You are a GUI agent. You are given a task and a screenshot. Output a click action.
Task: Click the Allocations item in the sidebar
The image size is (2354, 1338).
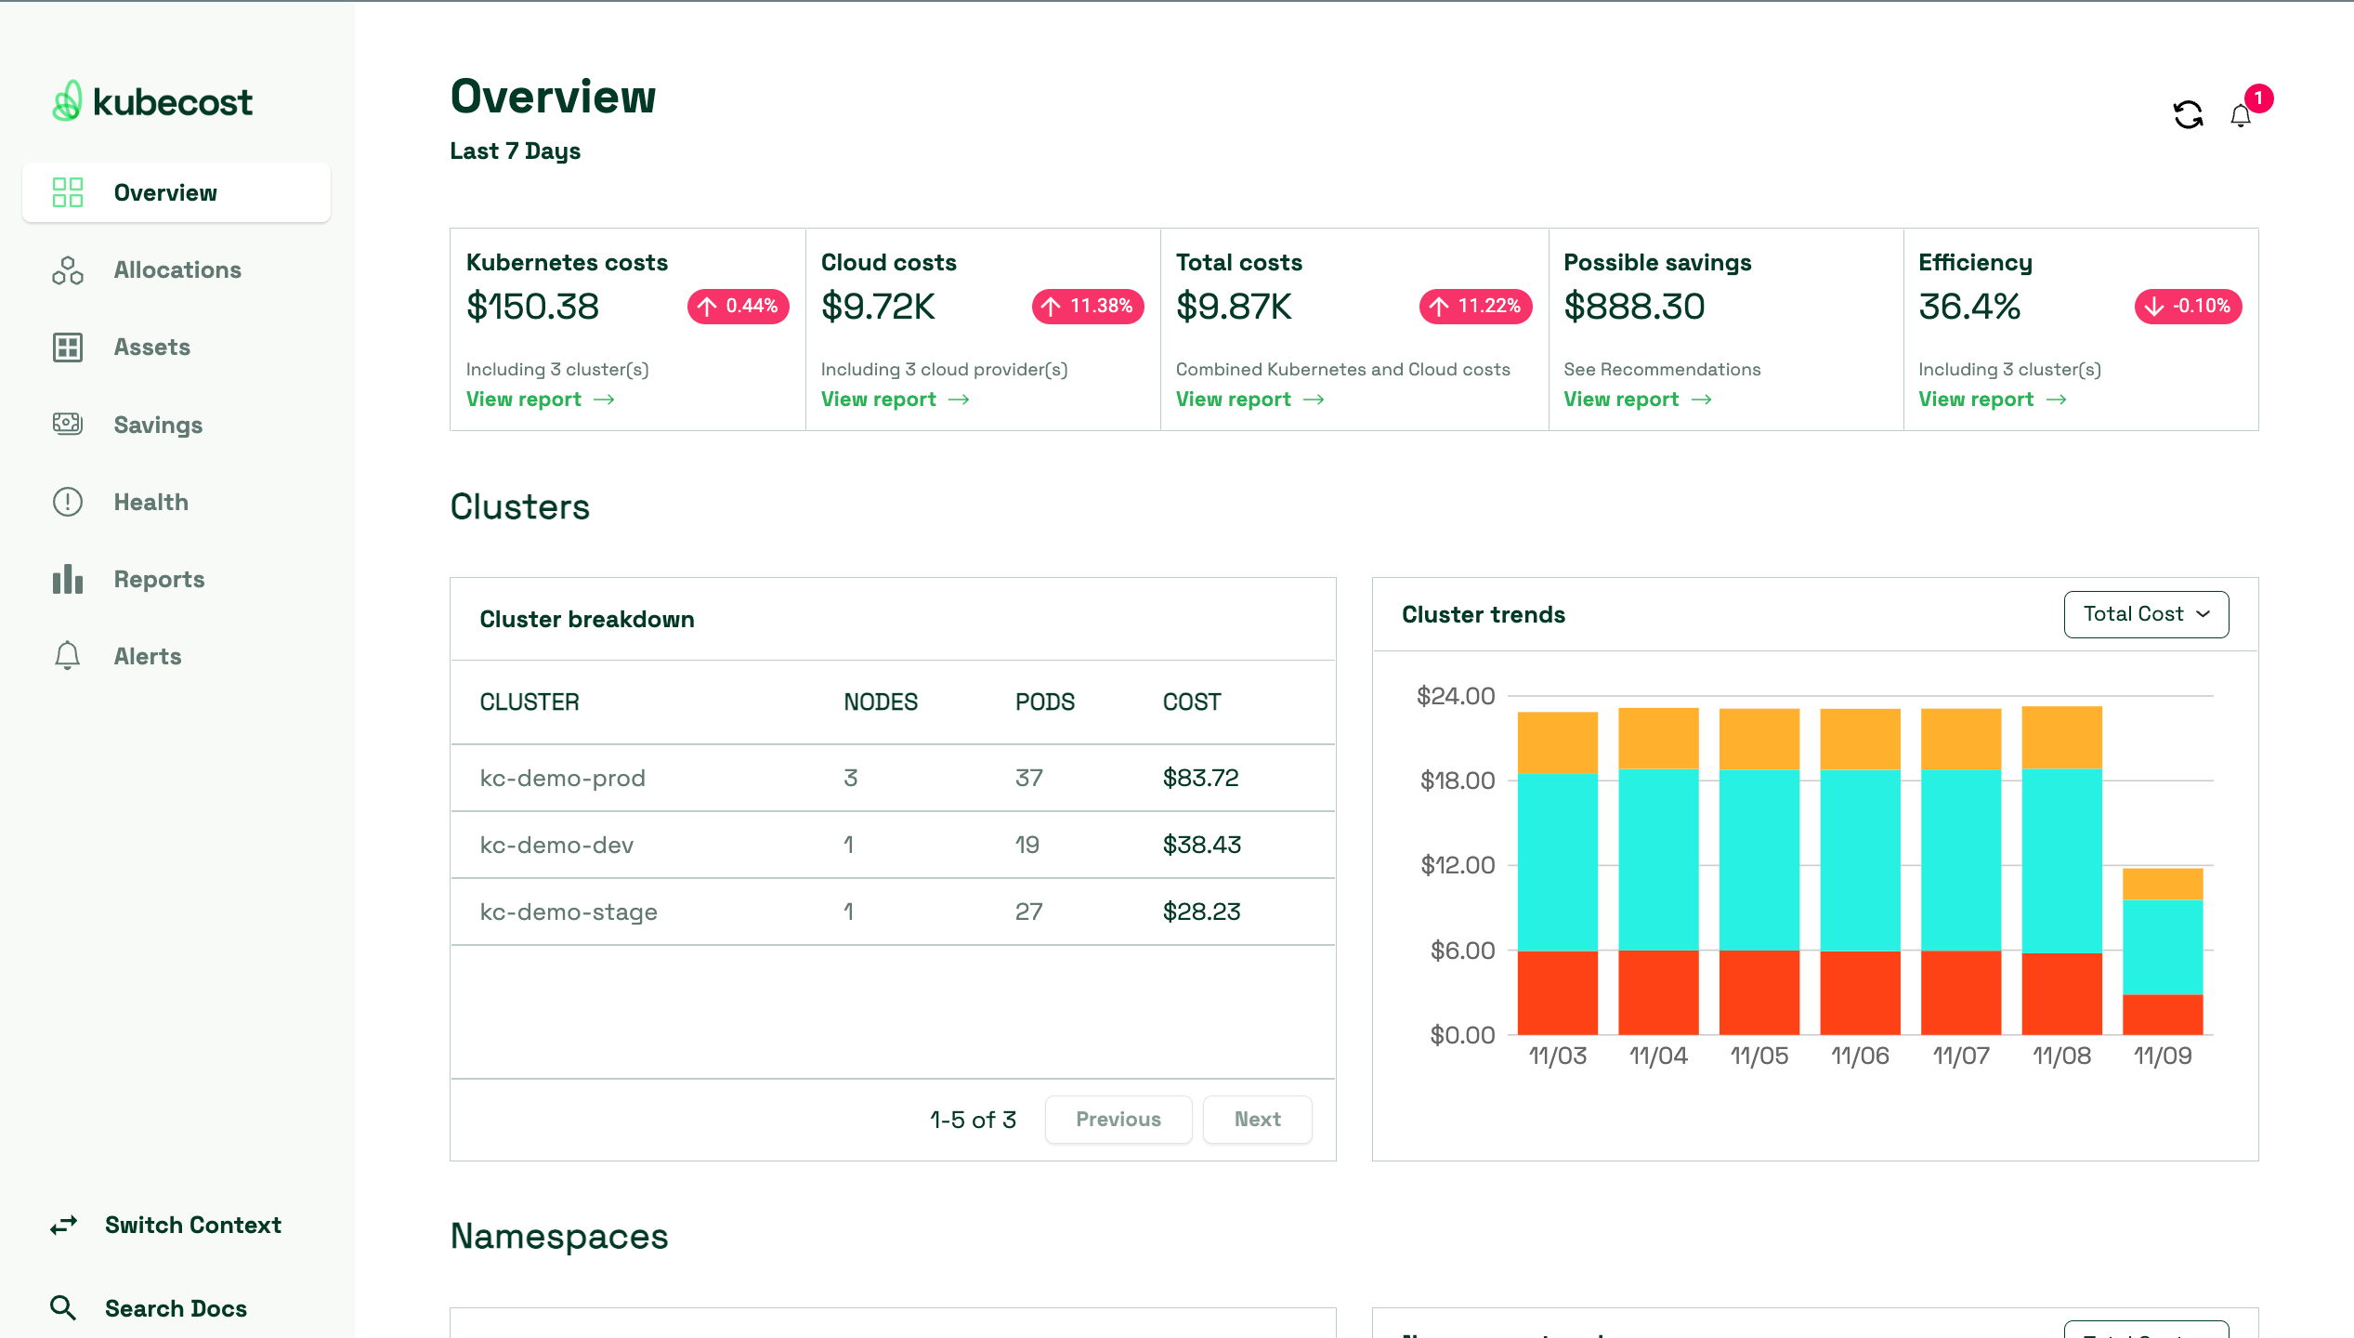[177, 270]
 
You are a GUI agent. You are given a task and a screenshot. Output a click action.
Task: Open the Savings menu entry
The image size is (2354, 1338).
[158, 425]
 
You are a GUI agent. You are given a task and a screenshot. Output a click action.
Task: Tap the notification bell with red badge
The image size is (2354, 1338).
[2241, 115]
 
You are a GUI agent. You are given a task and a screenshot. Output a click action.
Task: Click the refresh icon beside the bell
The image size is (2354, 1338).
[2188, 115]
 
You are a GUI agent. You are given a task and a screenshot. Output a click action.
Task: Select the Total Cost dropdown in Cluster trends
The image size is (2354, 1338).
[2145, 614]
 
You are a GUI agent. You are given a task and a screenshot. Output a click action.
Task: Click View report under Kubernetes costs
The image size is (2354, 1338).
[540, 400]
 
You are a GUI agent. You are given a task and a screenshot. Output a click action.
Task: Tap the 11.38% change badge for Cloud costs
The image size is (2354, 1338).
[1087, 307]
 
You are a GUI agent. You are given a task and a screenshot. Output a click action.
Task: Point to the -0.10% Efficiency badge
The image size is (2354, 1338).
[2187, 307]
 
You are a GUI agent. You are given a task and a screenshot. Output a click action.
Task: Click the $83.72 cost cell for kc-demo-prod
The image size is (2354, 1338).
[1200, 778]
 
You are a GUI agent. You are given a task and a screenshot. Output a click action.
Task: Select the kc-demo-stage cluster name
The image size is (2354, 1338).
[568, 912]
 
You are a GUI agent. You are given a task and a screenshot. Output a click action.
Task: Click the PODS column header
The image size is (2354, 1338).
[1044, 702]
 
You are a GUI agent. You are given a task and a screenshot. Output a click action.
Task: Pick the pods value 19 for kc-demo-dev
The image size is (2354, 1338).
[1027, 845]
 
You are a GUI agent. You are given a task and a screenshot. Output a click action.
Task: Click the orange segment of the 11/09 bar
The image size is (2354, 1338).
[2162, 884]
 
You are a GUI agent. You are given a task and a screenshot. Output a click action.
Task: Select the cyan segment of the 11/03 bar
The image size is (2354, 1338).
[1557, 861]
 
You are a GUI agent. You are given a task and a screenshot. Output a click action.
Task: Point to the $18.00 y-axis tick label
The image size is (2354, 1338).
[1457, 780]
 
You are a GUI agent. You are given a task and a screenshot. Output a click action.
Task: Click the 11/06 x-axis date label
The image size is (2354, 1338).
[1859, 1056]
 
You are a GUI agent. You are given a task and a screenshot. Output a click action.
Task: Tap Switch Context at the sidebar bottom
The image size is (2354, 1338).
[192, 1225]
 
